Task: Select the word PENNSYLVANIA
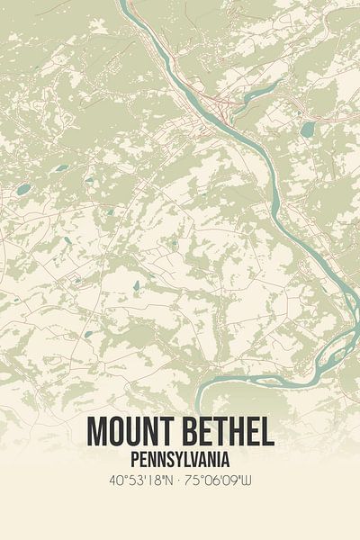(x=179, y=458)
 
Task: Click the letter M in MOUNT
(x=97, y=433)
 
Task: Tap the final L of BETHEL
(x=268, y=433)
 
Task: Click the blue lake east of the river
(x=308, y=130)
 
